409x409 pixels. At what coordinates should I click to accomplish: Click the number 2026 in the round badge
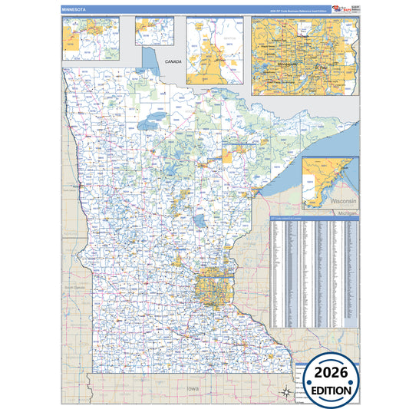330,373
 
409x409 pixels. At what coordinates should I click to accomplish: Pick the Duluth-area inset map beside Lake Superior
329,183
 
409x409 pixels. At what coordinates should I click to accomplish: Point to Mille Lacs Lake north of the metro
199,223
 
